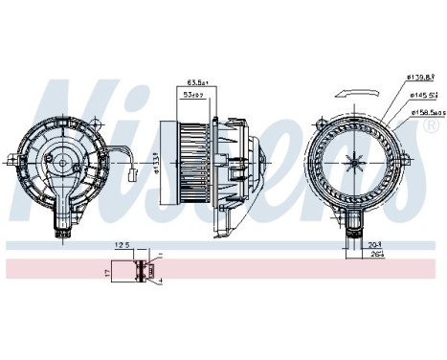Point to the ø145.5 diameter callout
tap(421, 97)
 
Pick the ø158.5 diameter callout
tap(425, 112)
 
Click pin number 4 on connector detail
tap(160, 279)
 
